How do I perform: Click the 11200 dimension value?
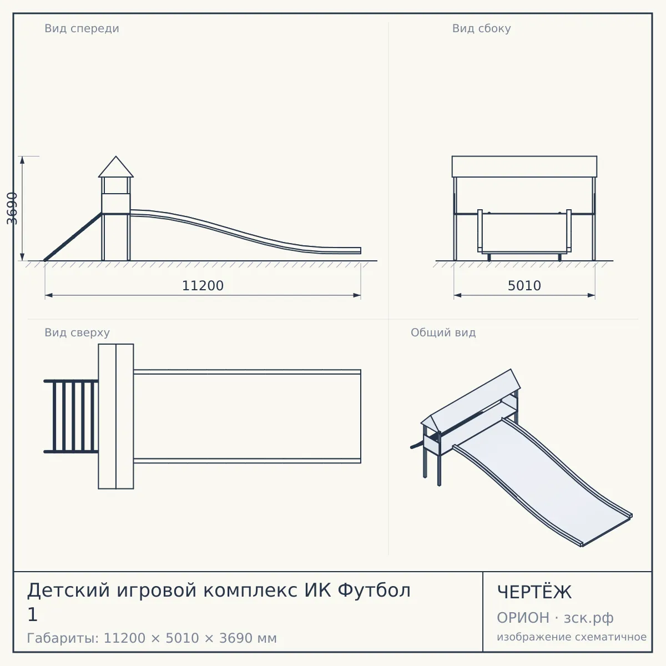pos(203,286)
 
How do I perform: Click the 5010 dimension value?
pos(524,286)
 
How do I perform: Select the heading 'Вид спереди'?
pos(82,28)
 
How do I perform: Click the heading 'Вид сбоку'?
pos(481,28)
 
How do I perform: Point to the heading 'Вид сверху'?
pos(77,332)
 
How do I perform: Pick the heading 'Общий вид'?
pos(443,332)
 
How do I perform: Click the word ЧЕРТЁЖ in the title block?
pos(534,592)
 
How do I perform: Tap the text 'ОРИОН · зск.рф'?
pos(555,618)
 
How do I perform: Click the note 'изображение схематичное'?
pos(572,637)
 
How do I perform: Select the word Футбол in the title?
pos(374,591)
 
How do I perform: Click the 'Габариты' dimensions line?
pos(152,638)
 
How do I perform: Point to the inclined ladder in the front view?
pos(73,237)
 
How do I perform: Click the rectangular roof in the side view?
pos(524,167)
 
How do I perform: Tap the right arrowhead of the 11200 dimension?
pos(357,295)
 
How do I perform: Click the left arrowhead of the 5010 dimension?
pos(457,295)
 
